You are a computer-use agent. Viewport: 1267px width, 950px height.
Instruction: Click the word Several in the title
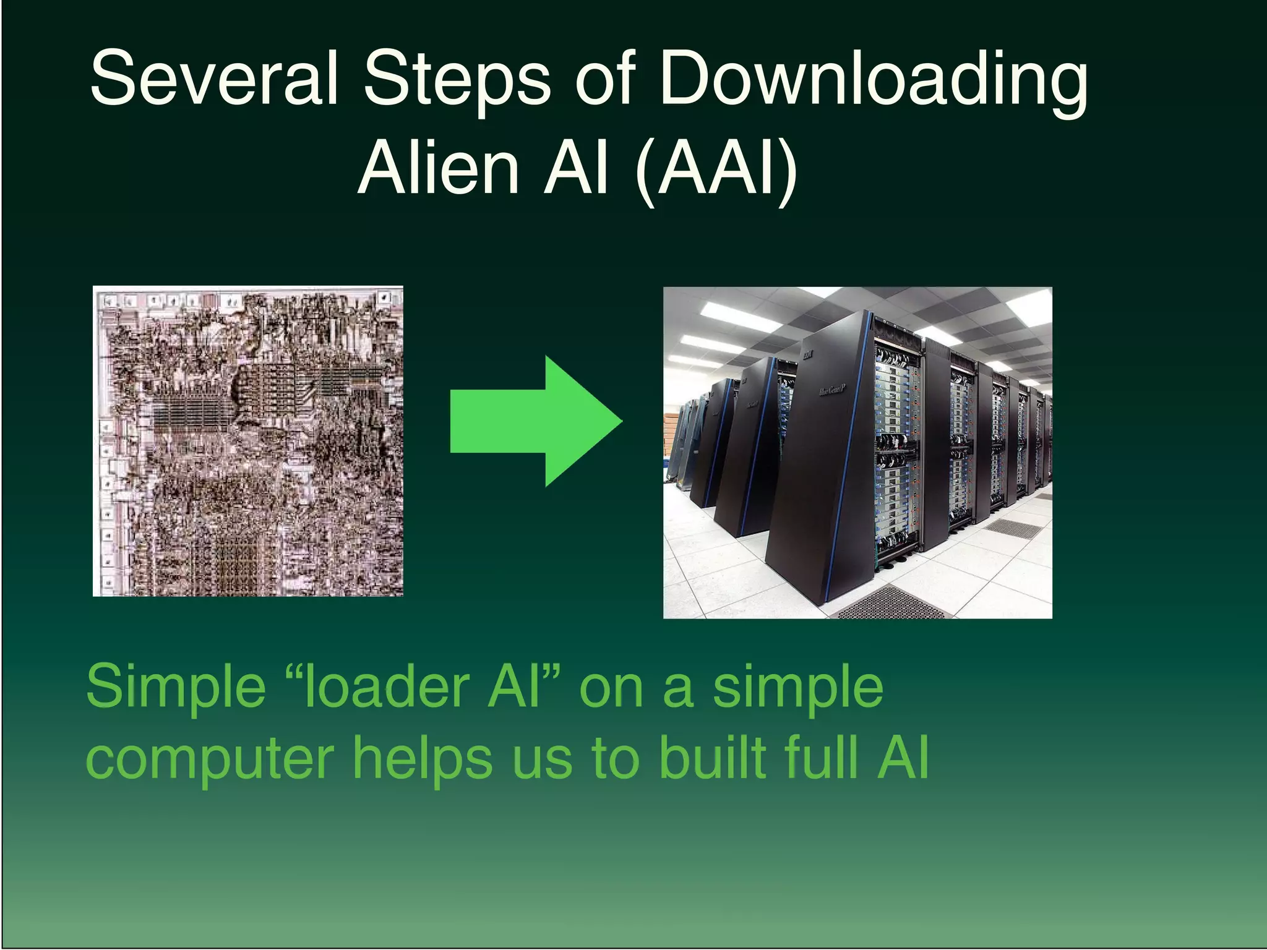214,79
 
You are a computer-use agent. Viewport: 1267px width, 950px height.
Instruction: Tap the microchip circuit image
248,441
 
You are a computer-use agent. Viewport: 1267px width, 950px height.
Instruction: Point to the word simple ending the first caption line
798,688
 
